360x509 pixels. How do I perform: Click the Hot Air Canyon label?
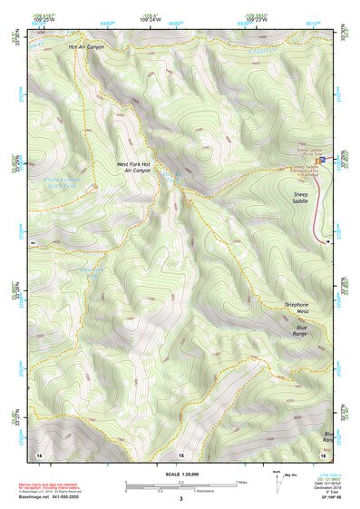pyautogui.click(x=84, y=45)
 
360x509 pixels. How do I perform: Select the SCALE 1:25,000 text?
pyautogui.click(x=180, y=473)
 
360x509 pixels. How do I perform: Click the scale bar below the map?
pyautogui.click(x=180, y=484)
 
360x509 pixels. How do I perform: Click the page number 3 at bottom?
pyautogui.click(x=180, y=498)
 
